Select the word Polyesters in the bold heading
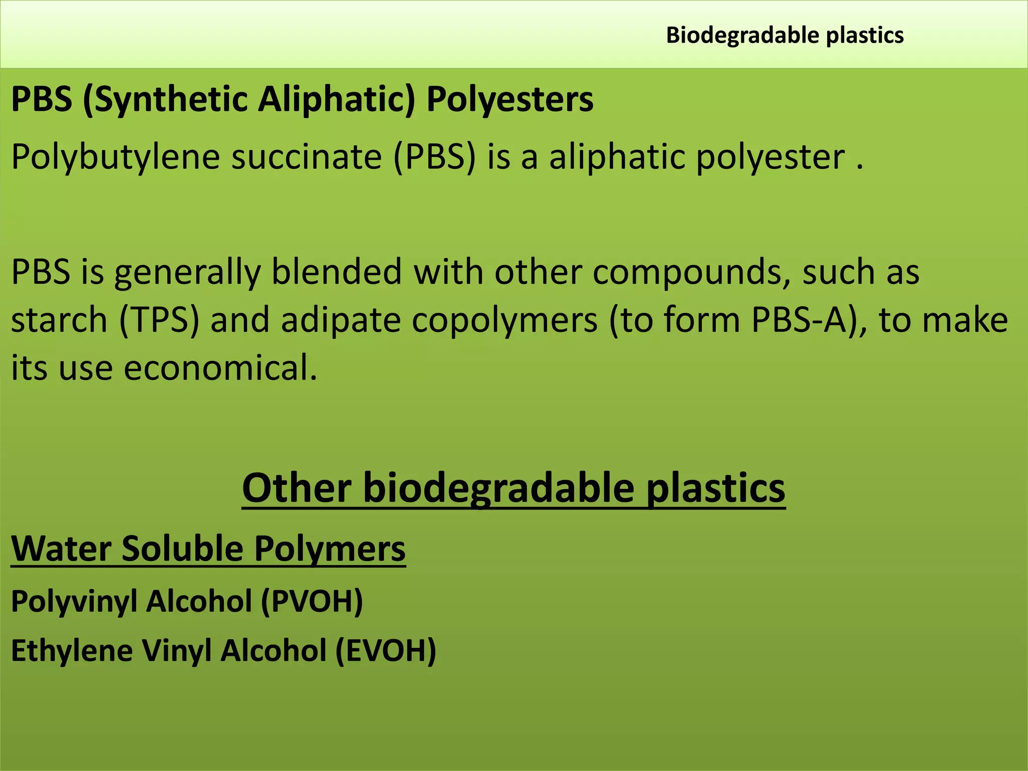click(x=509, y=99)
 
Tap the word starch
click(x=59, y=320)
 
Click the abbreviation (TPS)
click(x=159, y=320)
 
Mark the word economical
click(x=220, y=368)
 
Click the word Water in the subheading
click(x=61, y=549)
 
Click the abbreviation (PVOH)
click(x=311, y=601)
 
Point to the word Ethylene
click(x=72, y=651)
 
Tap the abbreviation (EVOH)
click(x=385, y=651)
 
